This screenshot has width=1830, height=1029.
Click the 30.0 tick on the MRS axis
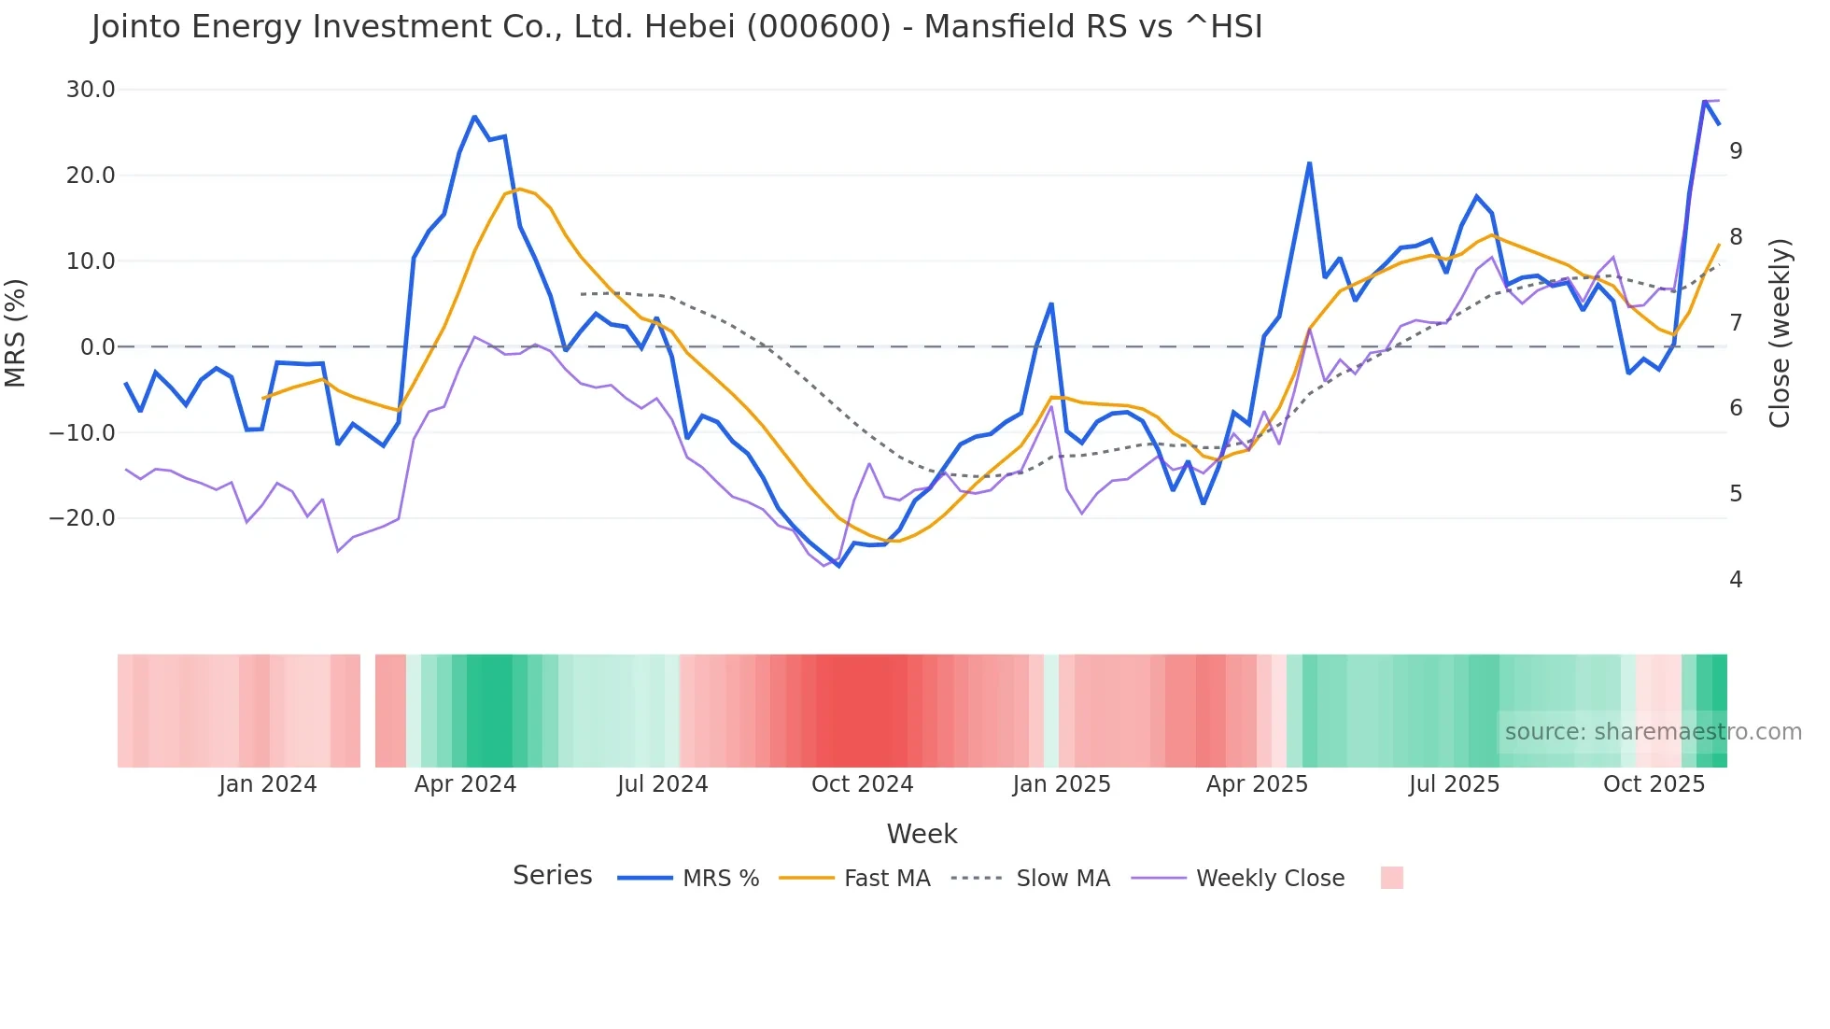pos(90,90)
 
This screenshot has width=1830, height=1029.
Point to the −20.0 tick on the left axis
pos(82,518)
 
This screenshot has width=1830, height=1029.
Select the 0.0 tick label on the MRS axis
pos(97,347)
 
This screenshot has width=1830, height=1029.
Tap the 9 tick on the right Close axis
pos(1735,150)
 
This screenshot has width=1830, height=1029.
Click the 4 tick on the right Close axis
pos(1735,580)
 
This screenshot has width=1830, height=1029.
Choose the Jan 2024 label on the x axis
pos(268,784)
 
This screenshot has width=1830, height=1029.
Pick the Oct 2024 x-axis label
pos(862,784)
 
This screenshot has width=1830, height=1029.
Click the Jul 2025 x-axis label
pos(1454,784)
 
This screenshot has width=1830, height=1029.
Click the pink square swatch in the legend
pos(1391,878)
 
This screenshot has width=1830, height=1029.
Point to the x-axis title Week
pos(922,834)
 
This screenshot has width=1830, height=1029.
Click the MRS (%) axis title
pos(16,333)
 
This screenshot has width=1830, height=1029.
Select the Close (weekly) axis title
pos(1780,333)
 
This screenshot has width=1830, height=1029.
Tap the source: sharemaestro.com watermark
pos(1653,732)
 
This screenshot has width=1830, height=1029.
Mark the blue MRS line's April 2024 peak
pos(474,117)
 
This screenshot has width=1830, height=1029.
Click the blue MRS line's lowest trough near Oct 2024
pos(838,566)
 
